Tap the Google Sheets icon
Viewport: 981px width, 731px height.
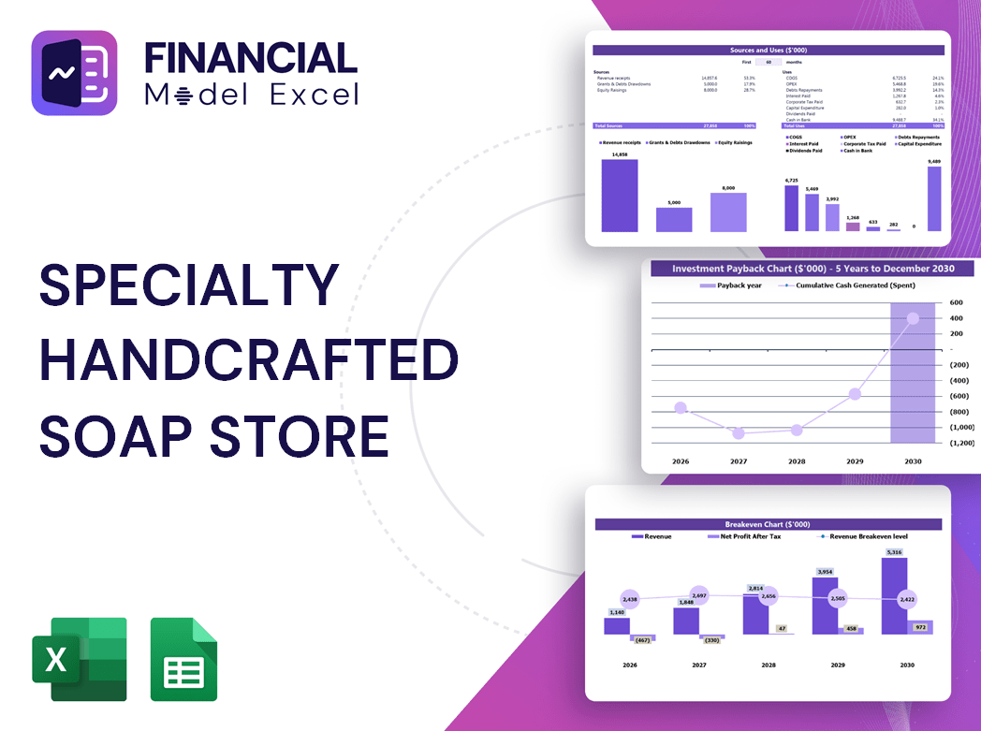click(183, 659)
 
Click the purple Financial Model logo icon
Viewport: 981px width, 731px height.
click(74, 73)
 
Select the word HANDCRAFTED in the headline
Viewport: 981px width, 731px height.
click(248, 360)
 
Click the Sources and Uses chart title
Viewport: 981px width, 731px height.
click(769, 50)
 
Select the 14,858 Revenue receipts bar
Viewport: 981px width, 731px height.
click(619, 196)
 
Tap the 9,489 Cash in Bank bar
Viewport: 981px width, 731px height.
click(934, 199)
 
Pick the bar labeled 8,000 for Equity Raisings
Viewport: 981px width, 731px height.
click(728, 212)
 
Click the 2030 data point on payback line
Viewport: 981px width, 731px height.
click(913, 318)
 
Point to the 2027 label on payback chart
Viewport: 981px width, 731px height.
click(739, 461)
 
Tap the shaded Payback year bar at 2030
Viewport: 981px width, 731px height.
click(913, 393)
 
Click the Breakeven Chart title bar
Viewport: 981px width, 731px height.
click(768, 524)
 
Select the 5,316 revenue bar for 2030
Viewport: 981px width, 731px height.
click(894, 595)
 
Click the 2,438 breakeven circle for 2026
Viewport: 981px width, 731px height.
click(629, 599)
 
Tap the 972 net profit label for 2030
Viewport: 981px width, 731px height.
click(919, 627)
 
